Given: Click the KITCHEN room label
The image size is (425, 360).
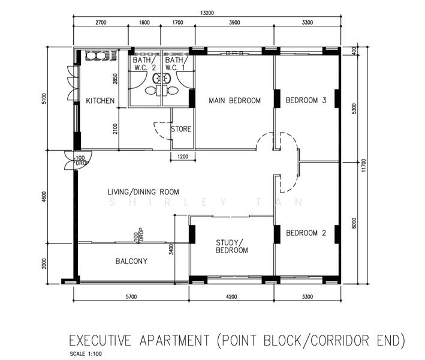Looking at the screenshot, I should (x=100, y=101).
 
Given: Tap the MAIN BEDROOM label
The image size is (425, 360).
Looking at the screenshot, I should (x=234, y=101).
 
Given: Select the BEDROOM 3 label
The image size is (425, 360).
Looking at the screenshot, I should (x=305, y=100).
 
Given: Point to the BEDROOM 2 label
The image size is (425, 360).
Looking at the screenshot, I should (x=305, y=233).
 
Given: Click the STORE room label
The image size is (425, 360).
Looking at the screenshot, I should (x=181, y=129).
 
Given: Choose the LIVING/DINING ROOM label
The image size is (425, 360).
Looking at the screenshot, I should (x=143, y=192).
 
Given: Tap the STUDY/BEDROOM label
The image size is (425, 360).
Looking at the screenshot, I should (x=231, y=246).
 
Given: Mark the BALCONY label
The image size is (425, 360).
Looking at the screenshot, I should (x=131, y=261).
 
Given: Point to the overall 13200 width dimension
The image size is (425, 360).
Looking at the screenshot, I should (x=207, y=12).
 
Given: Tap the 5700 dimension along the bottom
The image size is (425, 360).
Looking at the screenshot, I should (x=131, y=296).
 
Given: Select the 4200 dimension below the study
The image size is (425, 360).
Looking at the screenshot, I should (x=231, y=296).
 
